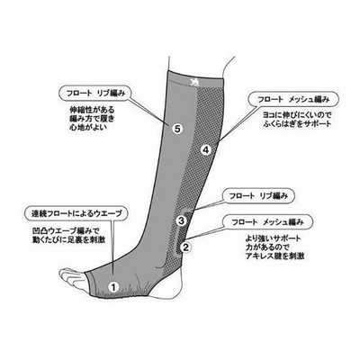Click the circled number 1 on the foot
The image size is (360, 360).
[113, 287]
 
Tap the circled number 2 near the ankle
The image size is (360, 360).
[185, 247]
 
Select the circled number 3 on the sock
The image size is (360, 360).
[181, 220]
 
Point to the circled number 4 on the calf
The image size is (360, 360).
[206, 149]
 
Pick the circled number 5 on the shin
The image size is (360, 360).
[177, 129]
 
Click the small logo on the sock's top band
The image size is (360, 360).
[193, 82]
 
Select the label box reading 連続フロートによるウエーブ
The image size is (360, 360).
[76, 213]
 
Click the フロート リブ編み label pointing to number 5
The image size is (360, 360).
[95, 93]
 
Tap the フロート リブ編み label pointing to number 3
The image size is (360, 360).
[258, 196]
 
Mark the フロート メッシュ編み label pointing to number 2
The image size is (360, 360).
[267, 222]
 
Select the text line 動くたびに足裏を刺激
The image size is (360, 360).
[68, 239]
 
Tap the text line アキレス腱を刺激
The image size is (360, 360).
[274, 256]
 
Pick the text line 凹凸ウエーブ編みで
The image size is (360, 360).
[65, 231]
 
